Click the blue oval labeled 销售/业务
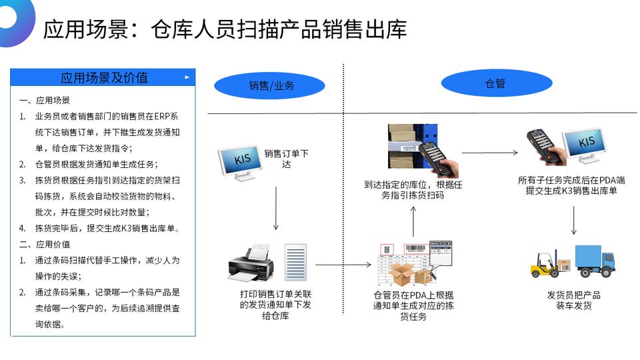point(269,85)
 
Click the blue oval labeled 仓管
point(497,83)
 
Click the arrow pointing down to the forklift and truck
point(573,221)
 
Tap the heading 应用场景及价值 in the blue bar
point(104,77)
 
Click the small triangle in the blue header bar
point(187,77)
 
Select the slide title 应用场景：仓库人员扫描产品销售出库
point(225,29)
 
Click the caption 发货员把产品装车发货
point(573,300)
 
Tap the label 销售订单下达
point(286,159)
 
